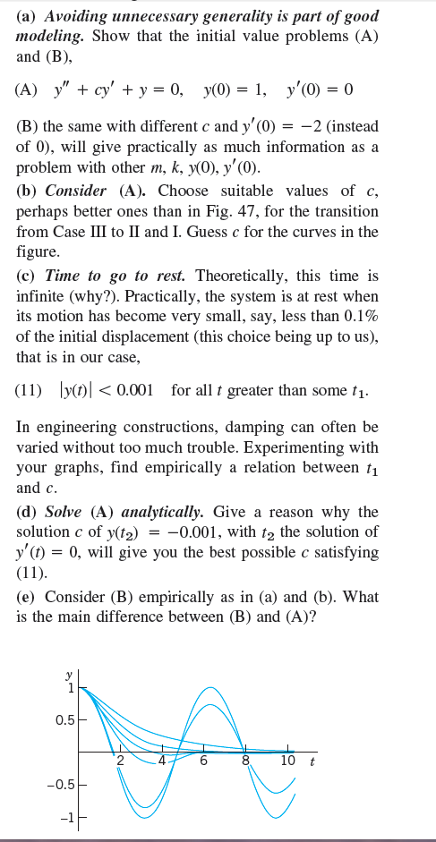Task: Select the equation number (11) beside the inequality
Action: point(31,391)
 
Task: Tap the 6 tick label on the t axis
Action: point(203,762)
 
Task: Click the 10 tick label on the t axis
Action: point(286,761)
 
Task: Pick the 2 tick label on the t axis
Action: point(119,762)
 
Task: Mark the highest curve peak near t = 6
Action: point(210,687)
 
